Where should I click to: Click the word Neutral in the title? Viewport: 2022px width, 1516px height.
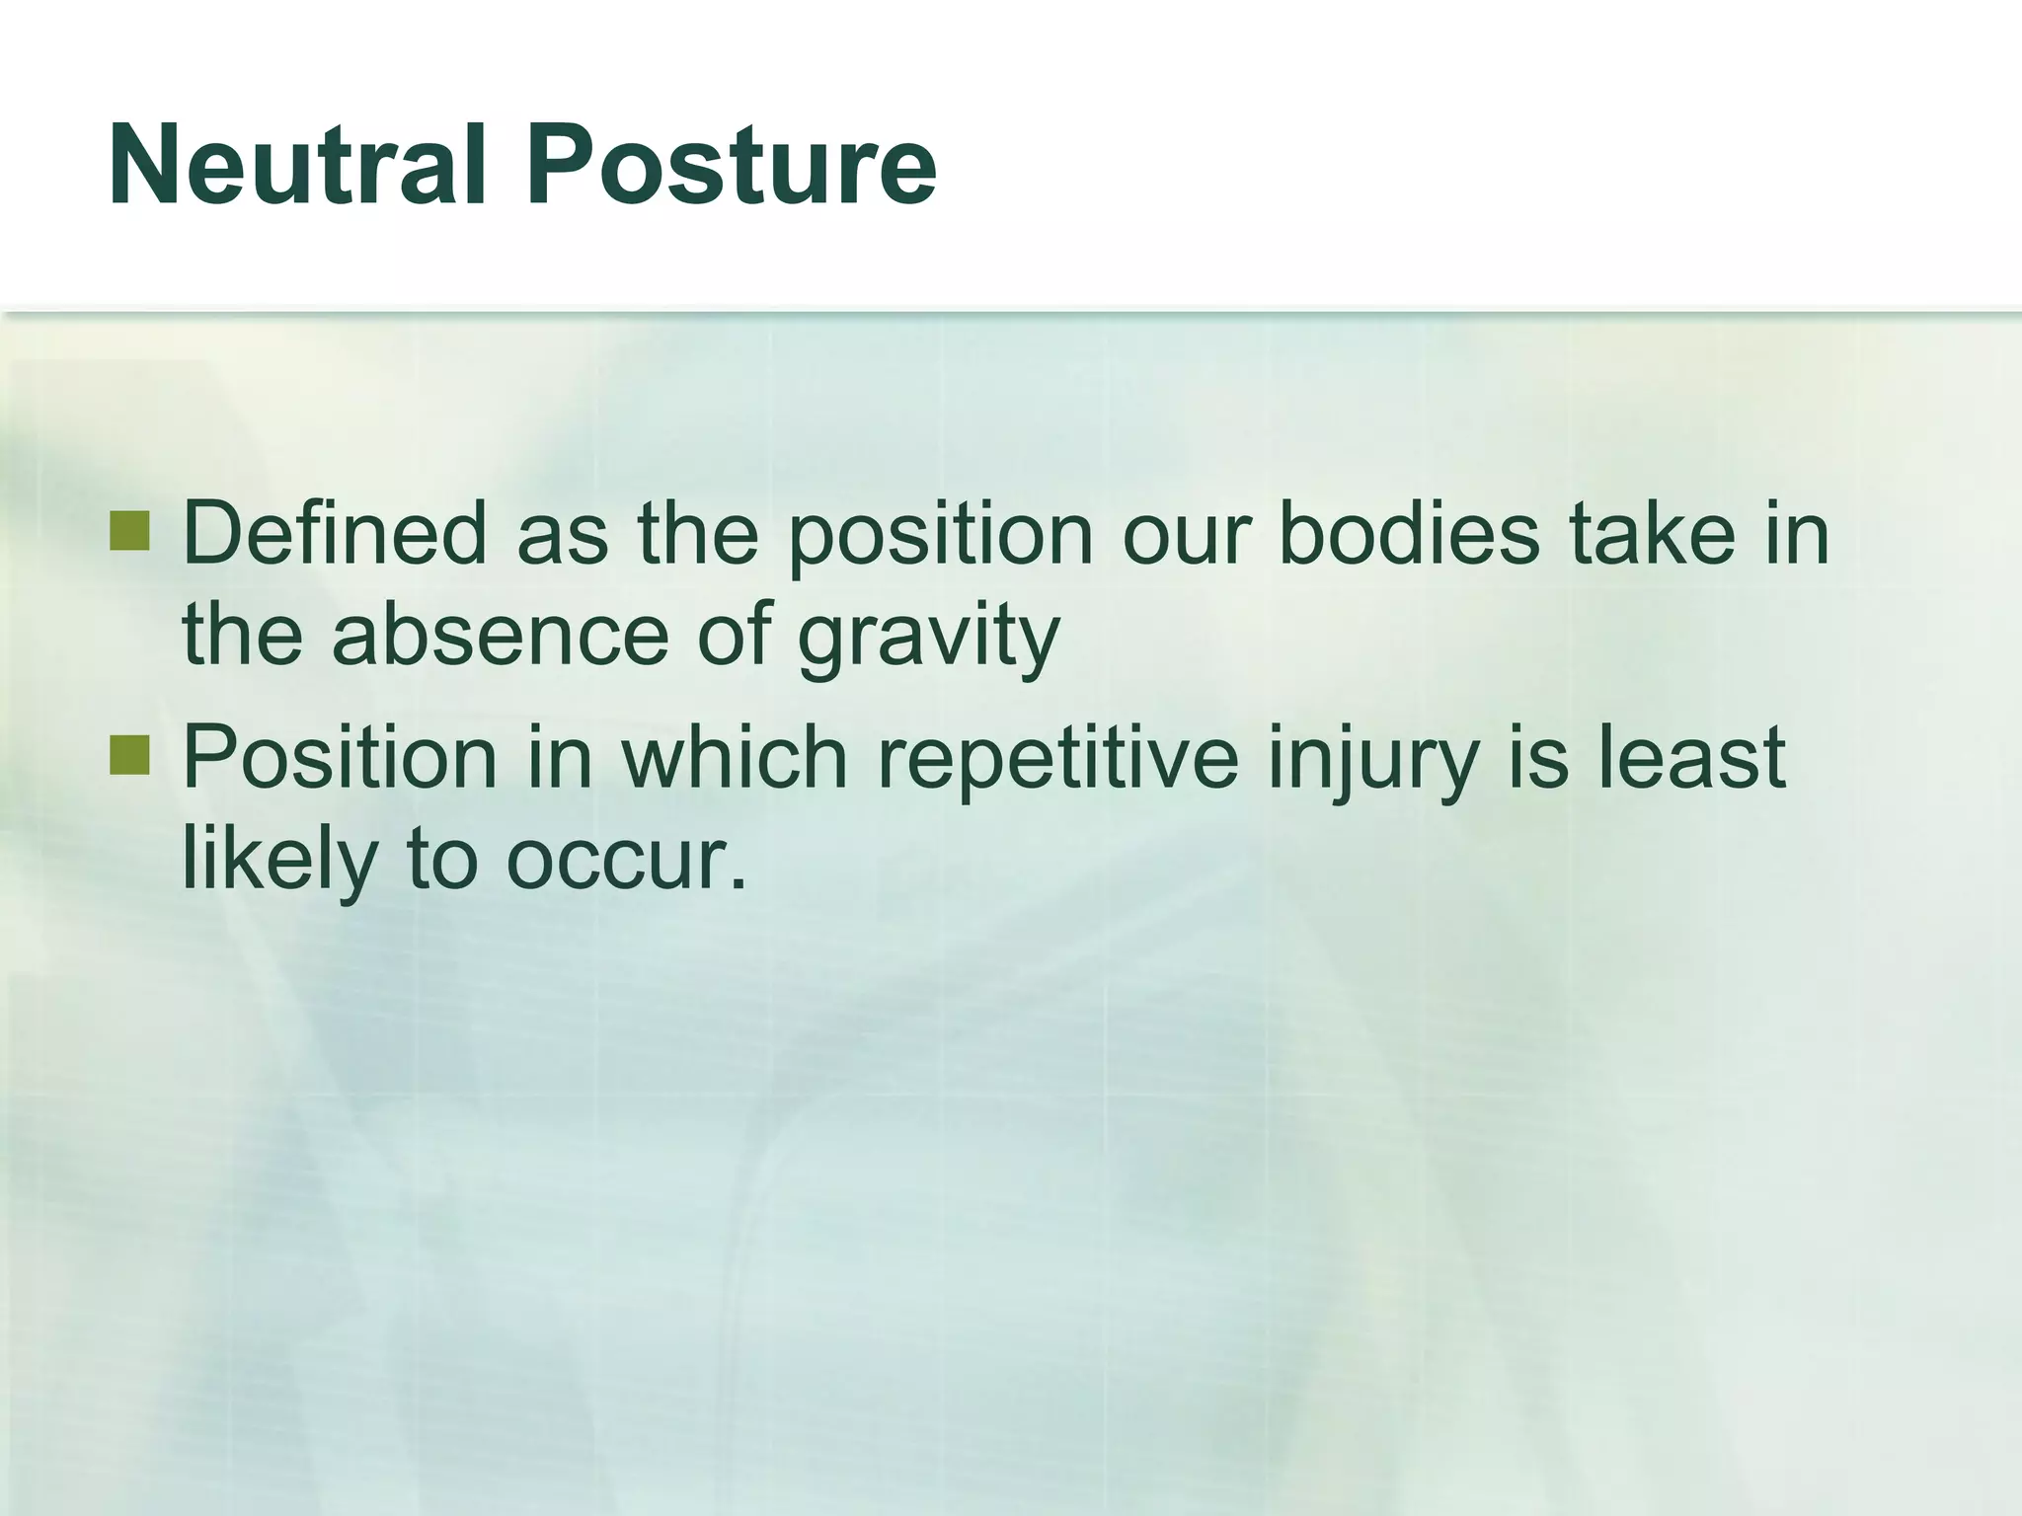pyautogui.click(x=297, y=166)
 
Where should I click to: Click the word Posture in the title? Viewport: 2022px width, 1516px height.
pyautogui.click(x=731, y=166)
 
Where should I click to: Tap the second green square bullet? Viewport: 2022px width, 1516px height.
pyautogui.click(x=129, y=755)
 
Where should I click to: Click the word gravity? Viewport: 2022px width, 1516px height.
pyautogui.click(x=928, y=637)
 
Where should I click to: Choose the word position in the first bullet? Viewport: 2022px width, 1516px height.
pyautogui.click(x=941, y=536)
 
